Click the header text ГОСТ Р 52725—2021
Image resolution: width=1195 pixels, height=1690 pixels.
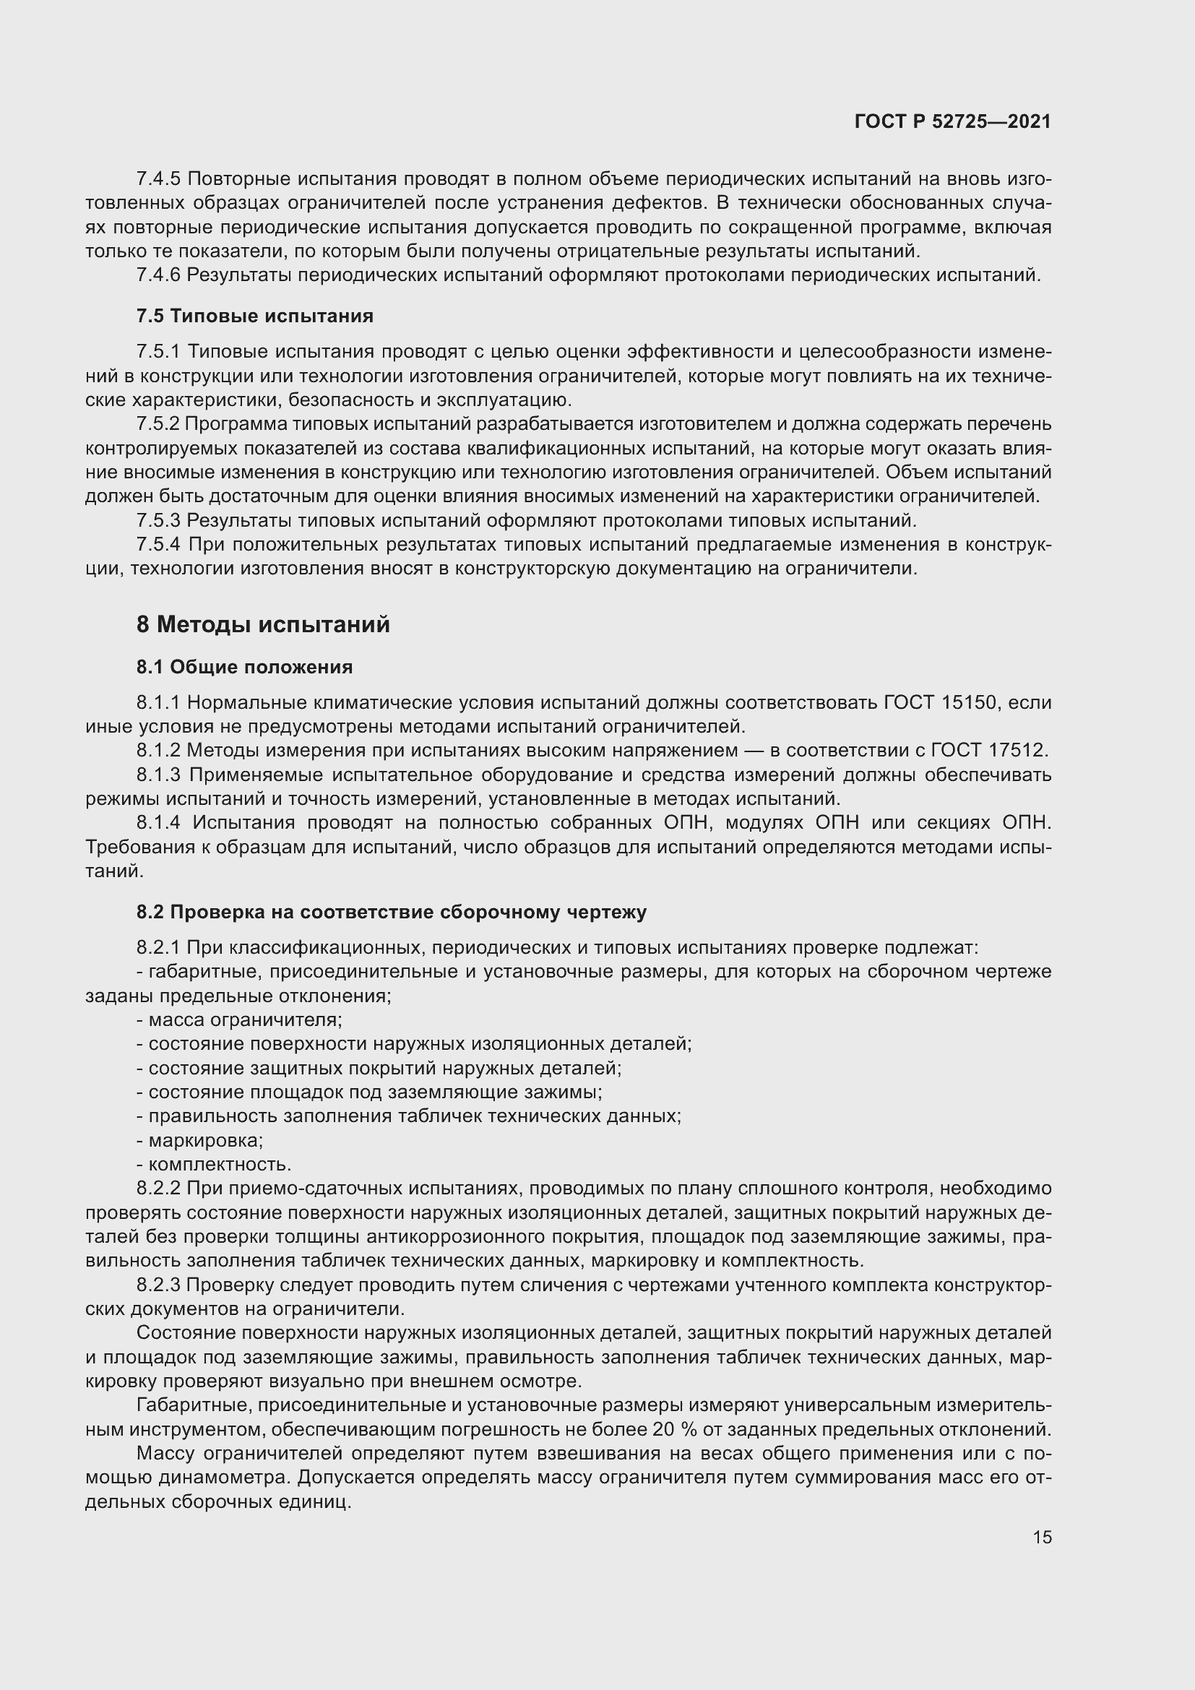click(x=952, y=121)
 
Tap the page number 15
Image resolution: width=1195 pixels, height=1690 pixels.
click(x=1042, y=1537)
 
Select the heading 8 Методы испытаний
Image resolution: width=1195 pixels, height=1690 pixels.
click(x=263, y=625)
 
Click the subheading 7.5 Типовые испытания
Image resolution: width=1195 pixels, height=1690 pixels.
click(x=254, y=316)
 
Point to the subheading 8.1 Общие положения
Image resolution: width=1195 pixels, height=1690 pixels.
click(x=244, y=667)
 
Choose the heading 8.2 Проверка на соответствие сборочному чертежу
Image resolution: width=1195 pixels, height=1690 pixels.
click(x=391, y=912)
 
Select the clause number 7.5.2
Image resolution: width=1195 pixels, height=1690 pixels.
click(x=158, y=424)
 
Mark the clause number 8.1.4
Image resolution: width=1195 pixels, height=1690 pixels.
click(x=158, y=822)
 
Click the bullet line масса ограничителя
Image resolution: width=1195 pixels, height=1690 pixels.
click(x=240, y=1019)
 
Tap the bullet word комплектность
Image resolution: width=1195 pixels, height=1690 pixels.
click(x=220, y=1165)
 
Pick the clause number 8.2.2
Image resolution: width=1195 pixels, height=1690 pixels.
click(x=158, y=1188)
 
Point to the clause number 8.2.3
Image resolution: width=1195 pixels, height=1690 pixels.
click(x=158, y=1285)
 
